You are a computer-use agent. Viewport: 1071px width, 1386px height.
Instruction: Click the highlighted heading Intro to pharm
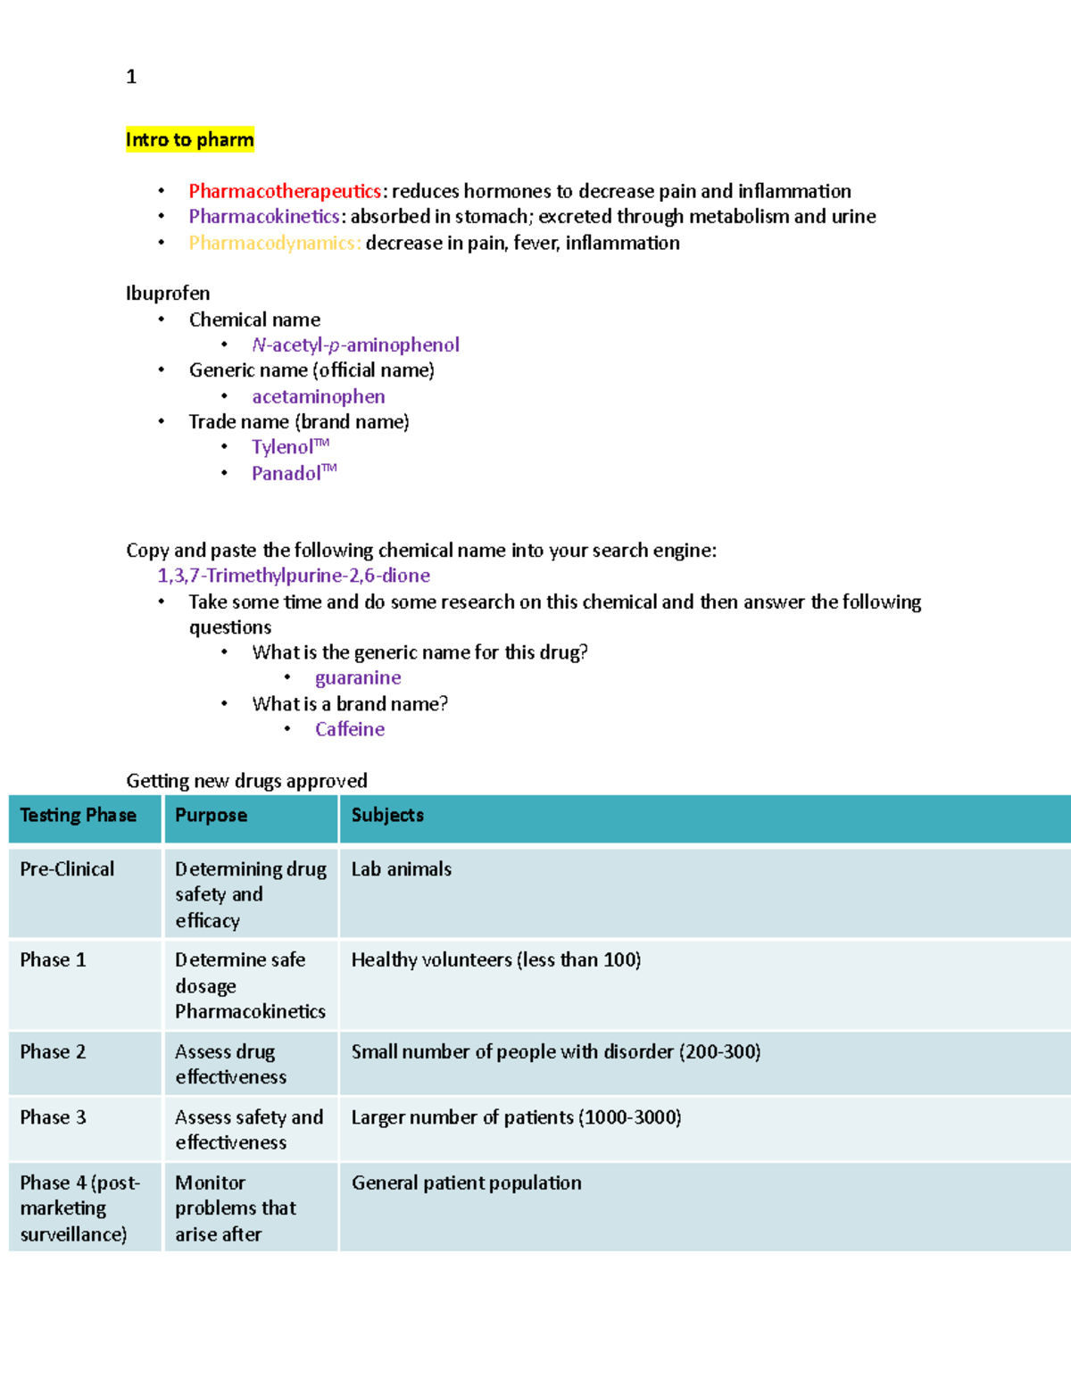189,139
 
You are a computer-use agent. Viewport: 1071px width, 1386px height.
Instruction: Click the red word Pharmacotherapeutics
285,191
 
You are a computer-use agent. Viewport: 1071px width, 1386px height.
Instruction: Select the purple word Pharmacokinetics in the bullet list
263,217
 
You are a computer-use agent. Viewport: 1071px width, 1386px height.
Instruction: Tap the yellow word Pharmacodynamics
274,243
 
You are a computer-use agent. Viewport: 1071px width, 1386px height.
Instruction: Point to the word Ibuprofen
168,294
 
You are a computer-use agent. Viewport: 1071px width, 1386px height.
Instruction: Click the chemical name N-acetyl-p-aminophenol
355,345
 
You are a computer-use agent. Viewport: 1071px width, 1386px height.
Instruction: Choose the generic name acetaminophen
318,396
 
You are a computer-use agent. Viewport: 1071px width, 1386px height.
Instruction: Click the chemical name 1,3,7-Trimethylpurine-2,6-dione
294,576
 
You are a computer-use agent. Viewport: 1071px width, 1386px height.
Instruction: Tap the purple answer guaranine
357,678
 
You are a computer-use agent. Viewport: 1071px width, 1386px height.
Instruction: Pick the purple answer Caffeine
350,729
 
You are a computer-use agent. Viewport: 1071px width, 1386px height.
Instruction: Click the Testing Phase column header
79,816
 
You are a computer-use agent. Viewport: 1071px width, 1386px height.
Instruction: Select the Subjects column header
387,816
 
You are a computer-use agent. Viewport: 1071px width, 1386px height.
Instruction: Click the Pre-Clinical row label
67,869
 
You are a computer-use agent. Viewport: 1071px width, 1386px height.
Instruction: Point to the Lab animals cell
401,869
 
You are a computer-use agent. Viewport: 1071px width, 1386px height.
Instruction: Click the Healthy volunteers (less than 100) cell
495,960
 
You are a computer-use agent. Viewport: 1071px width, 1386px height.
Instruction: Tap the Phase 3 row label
53,1117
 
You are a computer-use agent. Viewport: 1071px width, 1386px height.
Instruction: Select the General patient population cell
466,1183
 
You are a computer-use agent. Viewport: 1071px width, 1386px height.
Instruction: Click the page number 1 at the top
131,77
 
